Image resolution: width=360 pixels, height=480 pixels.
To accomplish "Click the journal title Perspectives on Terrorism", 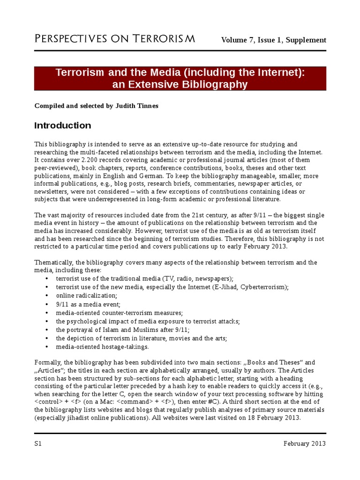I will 115,39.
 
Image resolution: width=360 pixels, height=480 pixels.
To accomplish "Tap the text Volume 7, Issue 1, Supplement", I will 273,40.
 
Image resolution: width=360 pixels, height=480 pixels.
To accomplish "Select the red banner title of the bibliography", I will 180,78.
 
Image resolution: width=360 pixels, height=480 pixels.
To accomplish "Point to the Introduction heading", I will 63,126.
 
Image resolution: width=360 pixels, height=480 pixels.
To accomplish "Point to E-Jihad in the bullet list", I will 225,287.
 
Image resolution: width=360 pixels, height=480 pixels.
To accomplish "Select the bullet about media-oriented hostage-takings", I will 102,346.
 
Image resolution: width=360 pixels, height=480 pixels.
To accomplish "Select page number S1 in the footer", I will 38,443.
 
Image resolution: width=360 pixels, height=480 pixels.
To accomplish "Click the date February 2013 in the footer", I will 304,443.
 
